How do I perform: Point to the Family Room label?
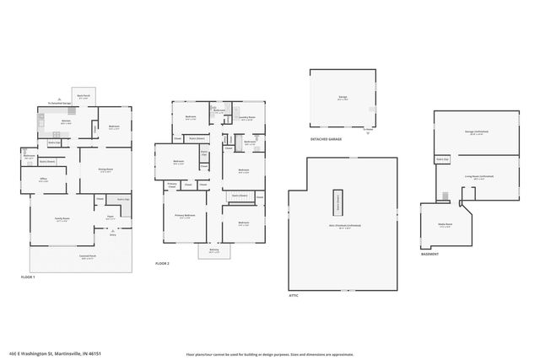tap(62, 219)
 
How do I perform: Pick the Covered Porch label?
tap(87, 258)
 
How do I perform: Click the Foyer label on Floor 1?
tap(110, 218)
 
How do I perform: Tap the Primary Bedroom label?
tap(185, 217)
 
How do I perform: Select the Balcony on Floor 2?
tap(213, 251)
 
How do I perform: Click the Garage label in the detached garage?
tap(343, 98)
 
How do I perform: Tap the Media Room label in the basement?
tap(445, 226)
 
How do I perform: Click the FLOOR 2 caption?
tap(162, 264)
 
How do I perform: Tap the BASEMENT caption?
tap(431, 253)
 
